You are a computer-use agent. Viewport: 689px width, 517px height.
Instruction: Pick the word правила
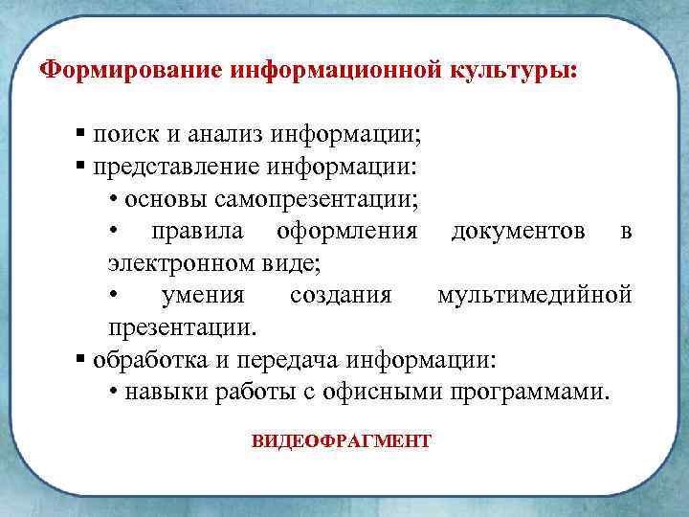(x=198, y=231)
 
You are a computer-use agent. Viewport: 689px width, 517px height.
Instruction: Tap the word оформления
(x=346, y=231)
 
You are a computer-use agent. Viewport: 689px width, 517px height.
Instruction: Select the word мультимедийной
(x=535, y=295)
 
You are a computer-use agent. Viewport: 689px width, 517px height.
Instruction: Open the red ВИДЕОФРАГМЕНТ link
(x=342, y=441)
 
